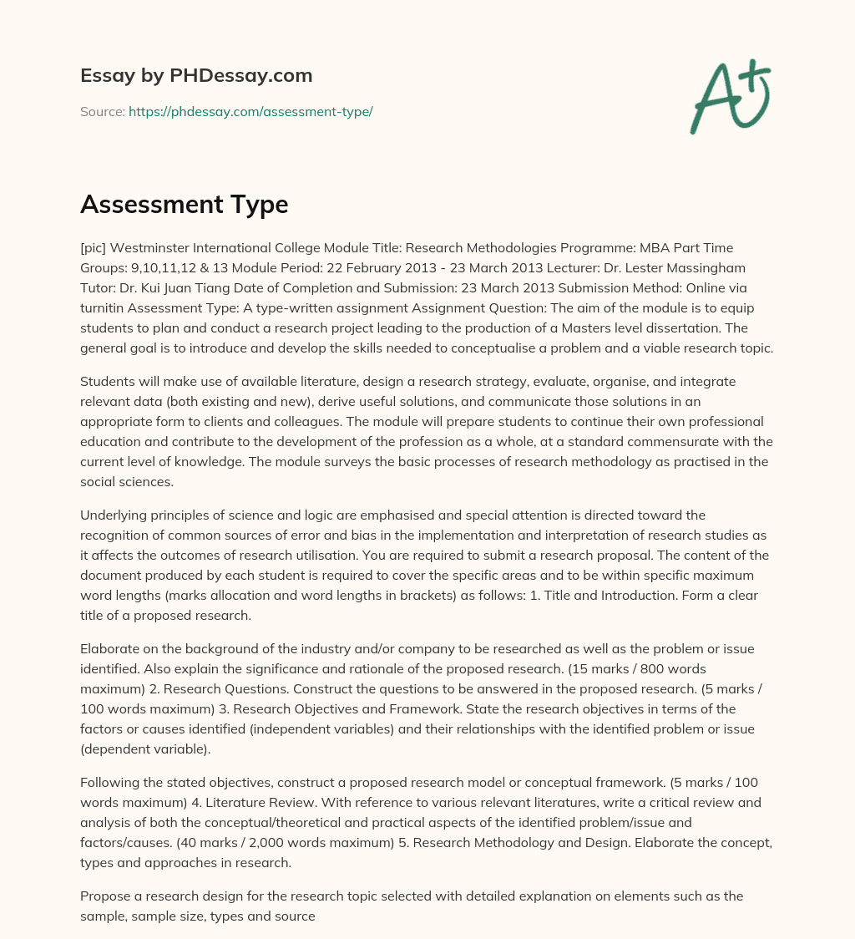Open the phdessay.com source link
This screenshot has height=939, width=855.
[250, 111]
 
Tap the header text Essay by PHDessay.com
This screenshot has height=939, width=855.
[196, 75]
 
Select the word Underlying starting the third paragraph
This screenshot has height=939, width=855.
[114, 515]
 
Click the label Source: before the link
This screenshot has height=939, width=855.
[103, 111]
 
